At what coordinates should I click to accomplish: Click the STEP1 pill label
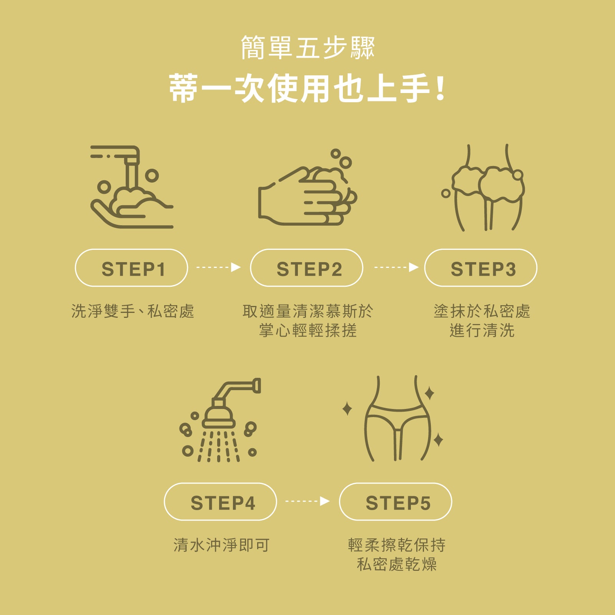(x=131, y=268)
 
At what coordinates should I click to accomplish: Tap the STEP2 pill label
(x=307, y=268)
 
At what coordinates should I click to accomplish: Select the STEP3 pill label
(x=481, y=268)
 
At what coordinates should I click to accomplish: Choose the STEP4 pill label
(x=221, y=502)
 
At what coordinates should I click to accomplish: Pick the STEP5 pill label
(x=396, y=502)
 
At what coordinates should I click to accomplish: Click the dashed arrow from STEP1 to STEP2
(x=219, y=267)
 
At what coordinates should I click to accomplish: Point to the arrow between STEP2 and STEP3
(x=396, y=267)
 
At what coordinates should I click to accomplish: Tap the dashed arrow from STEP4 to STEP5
(x=307, y=501)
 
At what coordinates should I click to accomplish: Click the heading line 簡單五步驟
(x=307, y=48)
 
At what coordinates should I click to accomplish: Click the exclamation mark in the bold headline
(x=441, y=88)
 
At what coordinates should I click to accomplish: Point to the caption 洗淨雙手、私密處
(x=133, y=311)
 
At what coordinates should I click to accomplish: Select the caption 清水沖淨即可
(x=221, y=545)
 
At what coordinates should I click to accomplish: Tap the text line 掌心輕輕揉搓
(x=308, y=331)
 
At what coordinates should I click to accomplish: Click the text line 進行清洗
(x=482, y=331)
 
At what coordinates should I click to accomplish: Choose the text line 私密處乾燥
(x=397, y=564)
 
